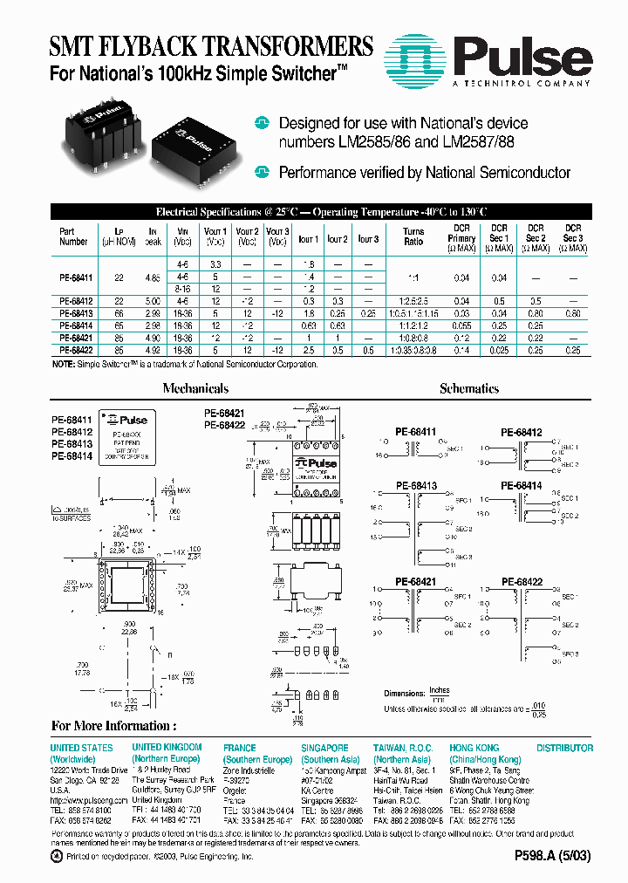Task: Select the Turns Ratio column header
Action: pos(413,236)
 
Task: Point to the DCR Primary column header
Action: pos(461,237)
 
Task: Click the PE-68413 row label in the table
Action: pos(75,311)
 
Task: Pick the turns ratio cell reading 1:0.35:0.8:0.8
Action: pos(413,350)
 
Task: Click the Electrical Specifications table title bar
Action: pos(321,212)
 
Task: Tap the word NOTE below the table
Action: pos(63,364)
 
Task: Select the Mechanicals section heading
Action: pos(195,389)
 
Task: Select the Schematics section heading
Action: pos(469,389)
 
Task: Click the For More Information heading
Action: pos(113,726)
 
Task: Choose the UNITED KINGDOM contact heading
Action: pos(167,748)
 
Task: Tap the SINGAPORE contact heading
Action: pos(324,748)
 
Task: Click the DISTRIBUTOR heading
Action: pos(564,748)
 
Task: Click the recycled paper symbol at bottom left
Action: pos(57,856)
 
